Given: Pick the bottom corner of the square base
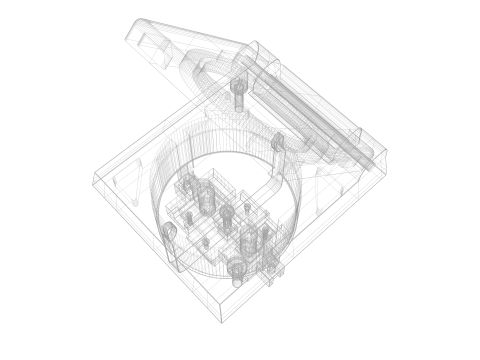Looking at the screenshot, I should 222,321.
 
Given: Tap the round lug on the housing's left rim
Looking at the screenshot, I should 170,232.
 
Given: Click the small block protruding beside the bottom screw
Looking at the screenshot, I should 270,265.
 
